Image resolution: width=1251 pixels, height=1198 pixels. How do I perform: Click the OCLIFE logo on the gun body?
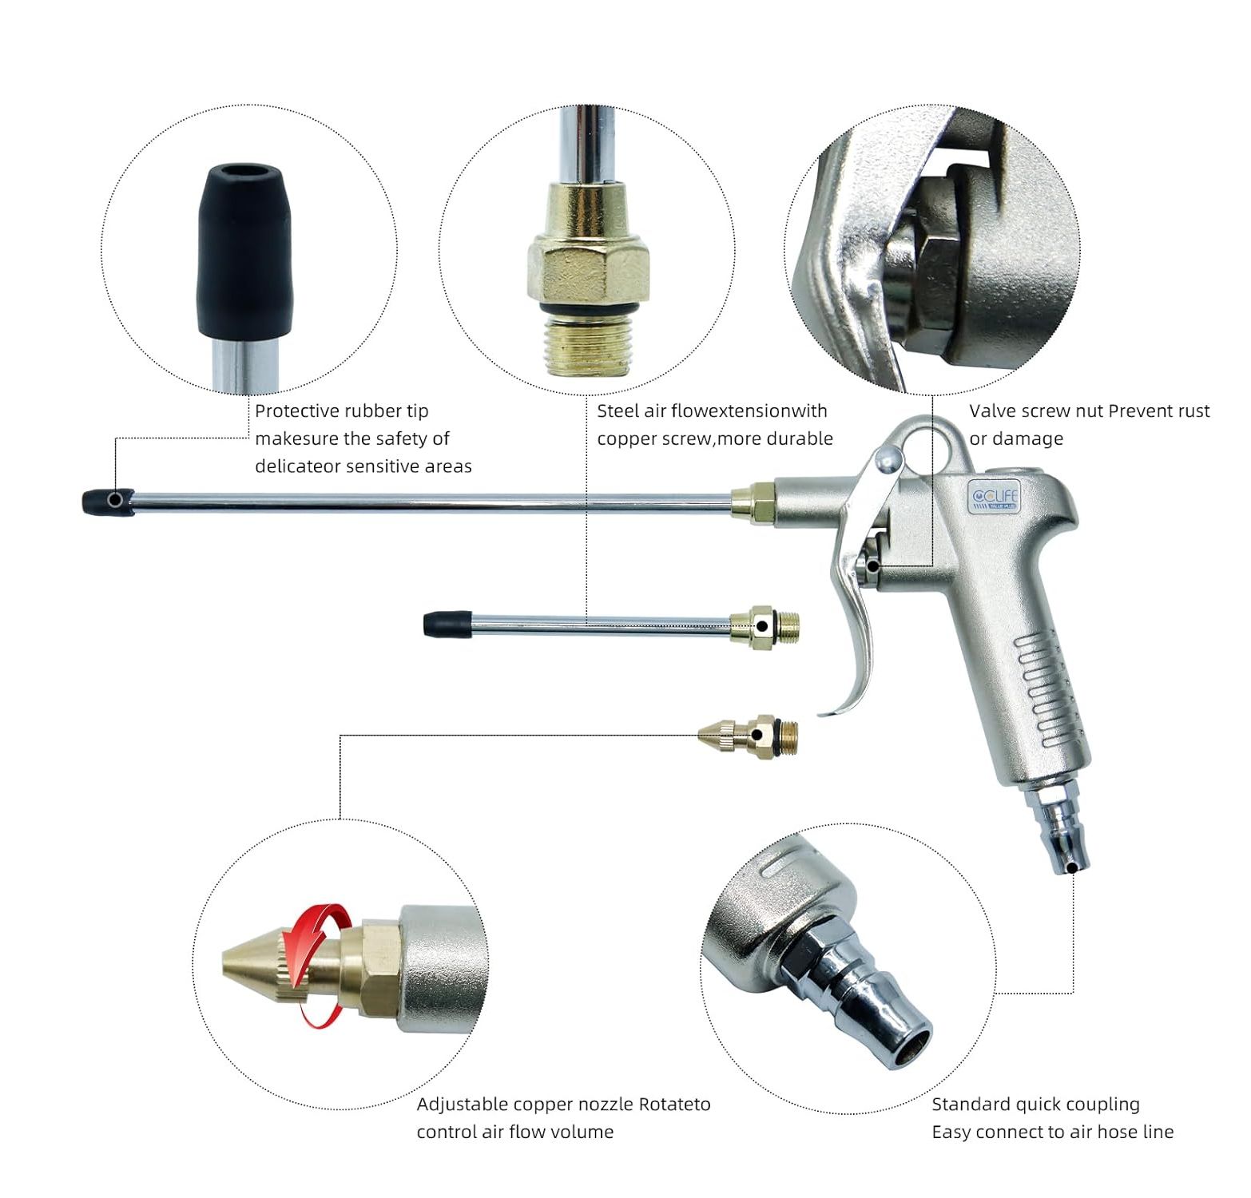coord(992,498)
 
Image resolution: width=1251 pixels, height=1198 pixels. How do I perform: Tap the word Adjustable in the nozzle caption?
coord(463,1105)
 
